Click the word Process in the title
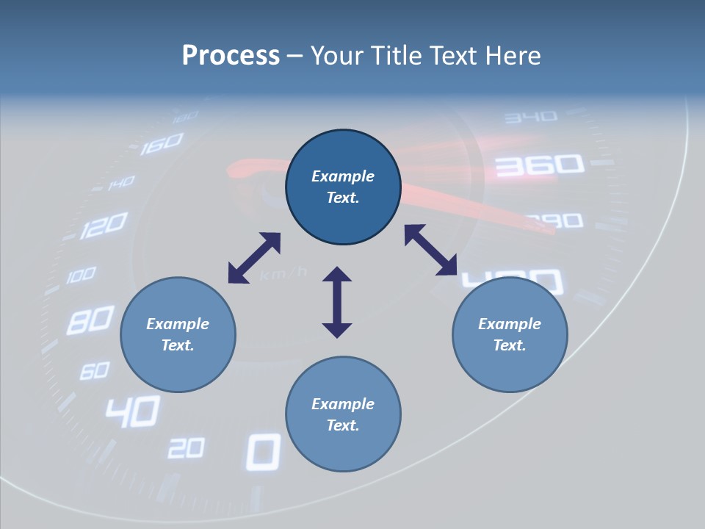pyautogui.click(x=231, y=56)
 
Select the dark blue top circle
pyautogui.click(x=343, y=187)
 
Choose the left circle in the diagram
pyautogui.click(x=178, y=334)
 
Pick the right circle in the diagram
pyautogui.click(x=510, y=334)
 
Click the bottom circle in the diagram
pyautogui.click(x=343, y=414)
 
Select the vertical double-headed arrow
pyautogui.click(x=337, y=302)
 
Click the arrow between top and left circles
pyautogui.click(x=254, y=258)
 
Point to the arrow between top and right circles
pyautogui.click(x=431, y=250)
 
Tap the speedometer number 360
pyautogui.click(x=540, y=166)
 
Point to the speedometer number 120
pyautogui.click(x=104, y=226)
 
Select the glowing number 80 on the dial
pyautogui.click(x=91, y=320)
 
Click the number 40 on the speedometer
pyautogui.click(x=132, y=411)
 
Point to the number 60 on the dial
pyautogui.click(x=94, y=370)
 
